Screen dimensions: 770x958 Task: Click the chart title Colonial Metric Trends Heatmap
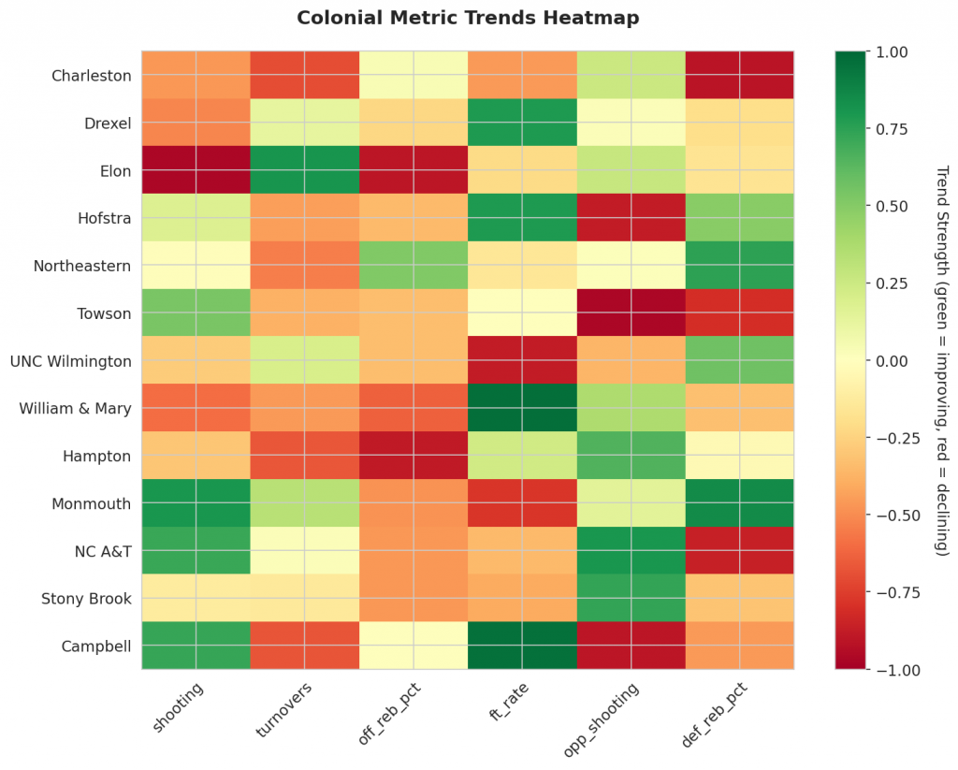click(468, 18)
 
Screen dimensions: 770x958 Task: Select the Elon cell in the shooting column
click(196, 170)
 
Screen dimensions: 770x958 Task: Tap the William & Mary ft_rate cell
click(522, 408)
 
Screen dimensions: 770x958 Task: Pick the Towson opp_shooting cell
click(631, 313)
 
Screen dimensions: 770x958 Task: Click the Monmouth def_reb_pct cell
click(739, 503)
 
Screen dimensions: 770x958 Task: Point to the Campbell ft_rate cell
click(522, 646)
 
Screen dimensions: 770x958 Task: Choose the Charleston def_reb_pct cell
click(739, 76)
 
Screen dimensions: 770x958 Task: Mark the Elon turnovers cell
click(304, 170)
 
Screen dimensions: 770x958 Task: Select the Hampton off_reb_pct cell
click(413, 456)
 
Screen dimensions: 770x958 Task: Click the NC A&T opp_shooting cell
click(631, 551)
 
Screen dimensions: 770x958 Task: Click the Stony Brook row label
click(85, 599)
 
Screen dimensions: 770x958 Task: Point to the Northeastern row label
click(82, 266)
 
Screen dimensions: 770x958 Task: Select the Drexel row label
click(108, 123)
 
